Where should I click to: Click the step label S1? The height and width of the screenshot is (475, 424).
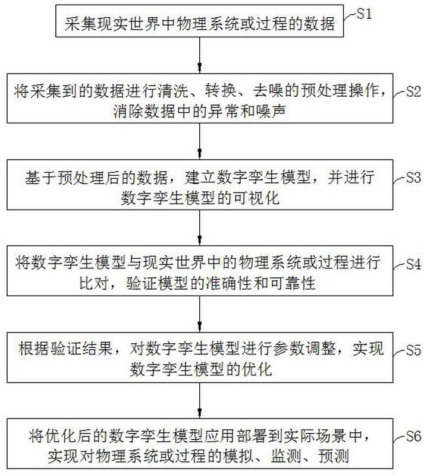[364, 14]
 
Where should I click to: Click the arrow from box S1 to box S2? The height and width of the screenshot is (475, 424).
[199, 55]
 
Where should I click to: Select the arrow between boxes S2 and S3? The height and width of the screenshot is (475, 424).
[199, 141]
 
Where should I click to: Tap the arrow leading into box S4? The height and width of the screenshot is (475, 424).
[199, 227]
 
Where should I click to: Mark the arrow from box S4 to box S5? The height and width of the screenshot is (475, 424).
[199, 314]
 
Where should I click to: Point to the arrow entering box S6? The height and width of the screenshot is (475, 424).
[199, 400]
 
